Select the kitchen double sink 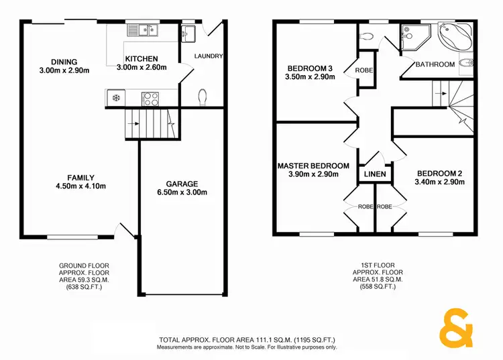click(143, 29)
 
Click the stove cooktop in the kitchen click(150, 99)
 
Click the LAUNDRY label click(208, 56)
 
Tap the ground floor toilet click(203, 98)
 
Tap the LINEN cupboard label click(375, 174)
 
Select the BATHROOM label click(435, 64)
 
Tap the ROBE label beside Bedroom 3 click(364, 70)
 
